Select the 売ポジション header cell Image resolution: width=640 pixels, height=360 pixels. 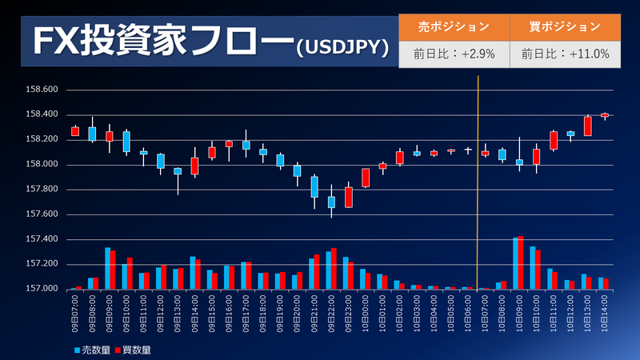point(454,26)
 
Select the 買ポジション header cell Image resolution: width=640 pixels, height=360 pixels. point(565,26)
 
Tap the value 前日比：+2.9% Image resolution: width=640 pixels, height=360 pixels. point(454,54)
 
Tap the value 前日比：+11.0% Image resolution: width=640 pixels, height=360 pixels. point(565,54)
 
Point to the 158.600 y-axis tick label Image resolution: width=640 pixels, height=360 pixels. point(40,90)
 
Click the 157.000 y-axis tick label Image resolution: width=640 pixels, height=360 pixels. point(40,288)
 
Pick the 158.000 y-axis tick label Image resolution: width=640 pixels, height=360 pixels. point(40,165)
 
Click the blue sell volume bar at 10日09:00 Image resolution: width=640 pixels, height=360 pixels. point(516,263)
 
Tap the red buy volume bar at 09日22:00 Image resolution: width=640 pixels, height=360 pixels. point(334,269)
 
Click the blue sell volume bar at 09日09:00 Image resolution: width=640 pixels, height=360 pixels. point(107,268)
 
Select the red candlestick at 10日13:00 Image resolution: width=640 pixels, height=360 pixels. point(587,126)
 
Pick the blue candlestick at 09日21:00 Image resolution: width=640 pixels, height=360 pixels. point(314,186)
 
